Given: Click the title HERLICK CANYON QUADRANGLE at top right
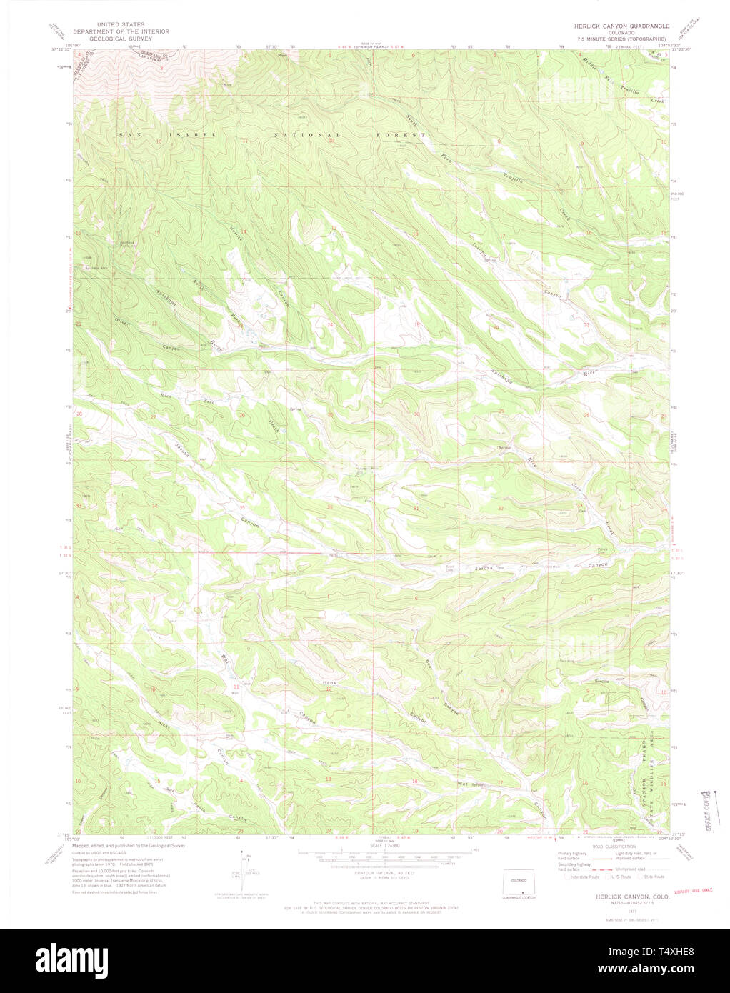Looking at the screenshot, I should click(615, 25).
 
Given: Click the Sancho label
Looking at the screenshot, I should click(602, 682).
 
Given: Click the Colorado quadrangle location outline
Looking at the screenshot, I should click(521, 883).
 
